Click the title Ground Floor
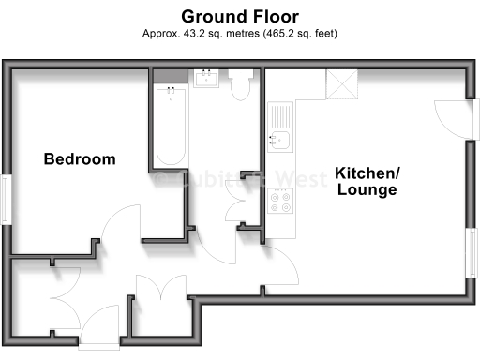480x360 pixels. [x=239, y=16]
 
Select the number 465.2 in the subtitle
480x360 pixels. [x=278, y=34]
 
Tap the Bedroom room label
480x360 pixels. [x=80, y=159]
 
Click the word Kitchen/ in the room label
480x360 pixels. [x=367, y=173]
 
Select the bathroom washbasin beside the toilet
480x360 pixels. [x=206, y=78]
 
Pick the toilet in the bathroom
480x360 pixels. [x=240, y=84]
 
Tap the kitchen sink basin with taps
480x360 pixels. [x=280, y=141]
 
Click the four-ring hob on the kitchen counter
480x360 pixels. [x=280, y=200]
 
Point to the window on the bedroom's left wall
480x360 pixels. [x=7, y=200]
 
